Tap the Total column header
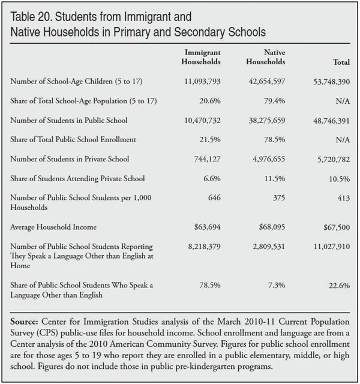[341, 62]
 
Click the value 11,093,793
[201, 81]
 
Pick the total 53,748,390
[329, 81]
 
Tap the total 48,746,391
[329, 121]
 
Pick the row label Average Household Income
[53, 227]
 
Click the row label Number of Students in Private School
[70, 159]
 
